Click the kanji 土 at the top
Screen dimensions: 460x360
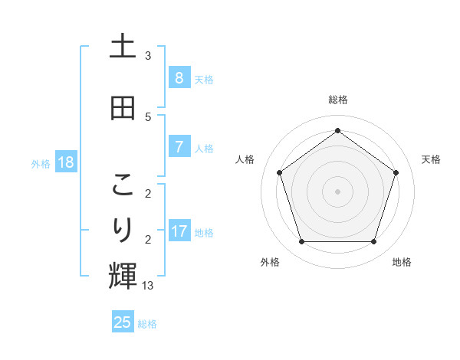click(x=123, y=47)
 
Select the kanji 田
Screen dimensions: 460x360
click(x=123, y=108)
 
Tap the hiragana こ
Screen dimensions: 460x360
click(x=123, y=185)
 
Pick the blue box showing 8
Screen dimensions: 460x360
click(x=179, y=77)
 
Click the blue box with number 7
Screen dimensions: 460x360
click(x=179, y=146)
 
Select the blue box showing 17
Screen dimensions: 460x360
click(x=179, y=231)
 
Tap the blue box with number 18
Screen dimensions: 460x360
click(x=65, y=162)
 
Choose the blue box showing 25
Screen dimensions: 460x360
click(x=123, y=322)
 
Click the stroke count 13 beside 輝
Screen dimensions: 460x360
click(x=148, y=285)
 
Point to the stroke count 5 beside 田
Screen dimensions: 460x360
click(x=148, y=116)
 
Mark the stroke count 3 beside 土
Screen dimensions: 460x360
click(x=148, y=55)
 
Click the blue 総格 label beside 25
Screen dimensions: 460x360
click(x=147, y=324)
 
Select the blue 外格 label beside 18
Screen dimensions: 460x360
click(x=41, y=163)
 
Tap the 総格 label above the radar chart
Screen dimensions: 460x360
click(x=337, y=100)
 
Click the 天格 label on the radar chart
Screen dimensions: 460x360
click(x=431, y=159)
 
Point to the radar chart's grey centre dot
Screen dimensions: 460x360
click(x=337, y=191)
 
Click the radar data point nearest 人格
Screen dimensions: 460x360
click(x=279, y=172)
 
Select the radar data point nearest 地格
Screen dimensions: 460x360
click(x=373, y=242)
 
